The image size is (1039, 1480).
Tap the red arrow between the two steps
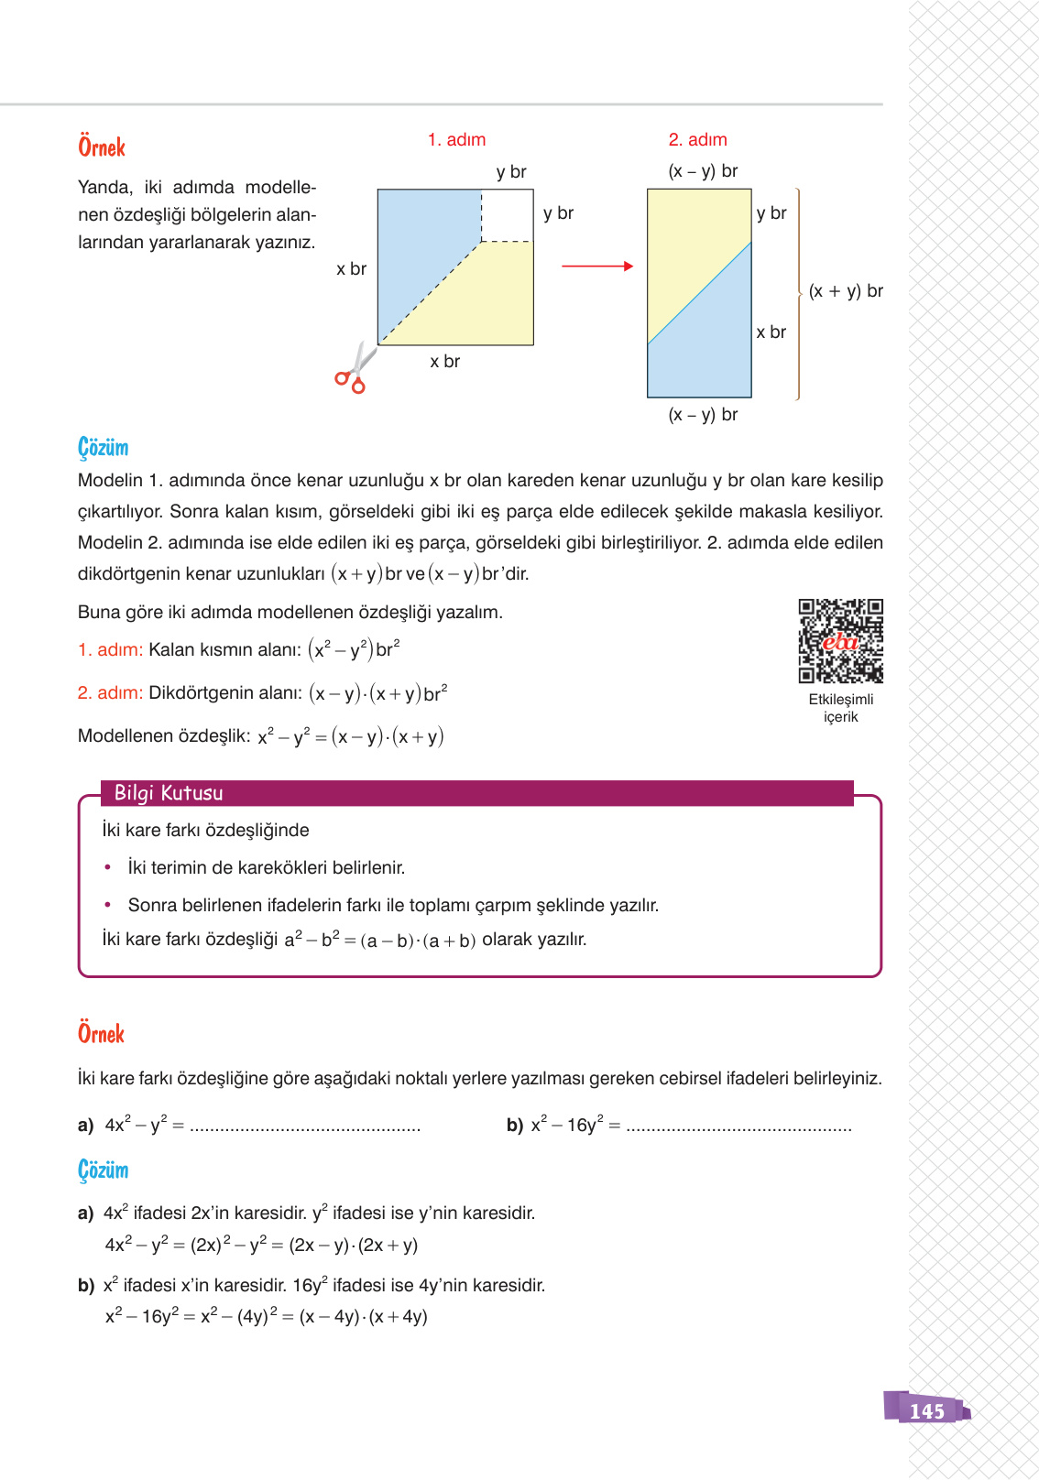[596, 267]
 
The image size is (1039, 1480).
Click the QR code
[840, 641]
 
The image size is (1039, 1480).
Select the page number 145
[926, 1410]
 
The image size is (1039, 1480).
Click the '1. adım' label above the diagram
[456, 140]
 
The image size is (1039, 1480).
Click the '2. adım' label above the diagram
[697, 140]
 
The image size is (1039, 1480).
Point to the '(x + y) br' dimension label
[845, 291]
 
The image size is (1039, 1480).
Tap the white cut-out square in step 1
[507, 215]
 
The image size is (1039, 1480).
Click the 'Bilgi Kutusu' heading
[169, 793]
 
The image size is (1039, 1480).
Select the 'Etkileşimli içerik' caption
[840, 708]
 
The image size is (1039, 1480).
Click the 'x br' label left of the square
[351, 269]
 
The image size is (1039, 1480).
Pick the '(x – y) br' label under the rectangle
[703, 415]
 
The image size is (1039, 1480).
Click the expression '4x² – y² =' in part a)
[144, 1125]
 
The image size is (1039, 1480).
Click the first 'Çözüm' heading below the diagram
[103, 448]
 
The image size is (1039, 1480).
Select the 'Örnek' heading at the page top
[102, 147]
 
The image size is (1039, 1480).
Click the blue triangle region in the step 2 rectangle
[710, 348]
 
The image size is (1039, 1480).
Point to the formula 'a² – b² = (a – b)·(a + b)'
[379, 941]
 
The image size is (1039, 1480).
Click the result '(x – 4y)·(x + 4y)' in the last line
[363, 1317]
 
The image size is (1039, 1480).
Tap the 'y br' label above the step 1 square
[511, 172]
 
